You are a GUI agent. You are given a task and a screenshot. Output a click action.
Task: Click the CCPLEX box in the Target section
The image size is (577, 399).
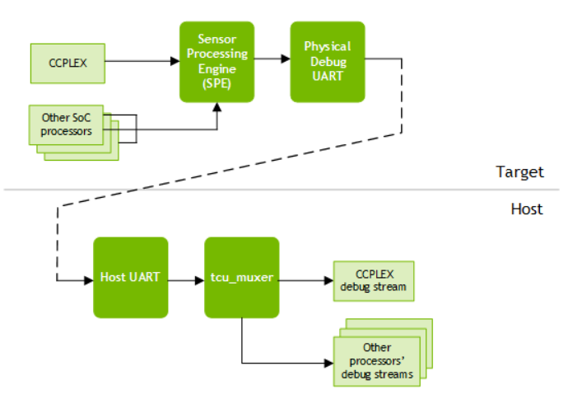67,63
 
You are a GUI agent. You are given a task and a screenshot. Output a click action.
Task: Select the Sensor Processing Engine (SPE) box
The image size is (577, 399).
216,62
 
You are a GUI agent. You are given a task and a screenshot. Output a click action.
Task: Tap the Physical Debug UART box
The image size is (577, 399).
327,62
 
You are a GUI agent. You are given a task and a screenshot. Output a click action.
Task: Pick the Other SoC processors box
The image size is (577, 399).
68,124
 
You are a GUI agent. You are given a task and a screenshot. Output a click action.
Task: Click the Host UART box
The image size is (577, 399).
130,278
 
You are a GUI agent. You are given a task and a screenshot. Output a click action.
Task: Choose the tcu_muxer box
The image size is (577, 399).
241,278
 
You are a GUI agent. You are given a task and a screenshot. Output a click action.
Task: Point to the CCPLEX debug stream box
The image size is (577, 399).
373,281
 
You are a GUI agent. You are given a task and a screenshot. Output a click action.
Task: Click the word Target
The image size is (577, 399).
519,172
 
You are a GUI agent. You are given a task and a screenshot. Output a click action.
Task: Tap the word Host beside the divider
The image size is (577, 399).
526,209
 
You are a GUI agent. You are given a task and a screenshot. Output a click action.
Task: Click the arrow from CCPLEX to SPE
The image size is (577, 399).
142,62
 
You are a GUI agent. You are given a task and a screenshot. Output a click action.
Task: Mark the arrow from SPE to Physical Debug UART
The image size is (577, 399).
272,59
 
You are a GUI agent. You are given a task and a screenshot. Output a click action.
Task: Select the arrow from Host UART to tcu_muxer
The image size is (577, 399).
186,280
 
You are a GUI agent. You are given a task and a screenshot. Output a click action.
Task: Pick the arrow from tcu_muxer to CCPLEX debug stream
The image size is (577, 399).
305,280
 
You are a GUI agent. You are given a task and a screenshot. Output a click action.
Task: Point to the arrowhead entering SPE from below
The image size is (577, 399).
217,108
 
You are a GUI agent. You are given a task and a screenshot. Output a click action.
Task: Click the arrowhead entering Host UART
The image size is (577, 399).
88,280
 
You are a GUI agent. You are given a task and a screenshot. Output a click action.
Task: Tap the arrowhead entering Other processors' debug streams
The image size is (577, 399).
328,361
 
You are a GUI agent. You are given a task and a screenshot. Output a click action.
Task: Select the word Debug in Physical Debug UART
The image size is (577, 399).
327,62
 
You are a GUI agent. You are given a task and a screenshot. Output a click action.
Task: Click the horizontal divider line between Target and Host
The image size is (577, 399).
247,190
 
